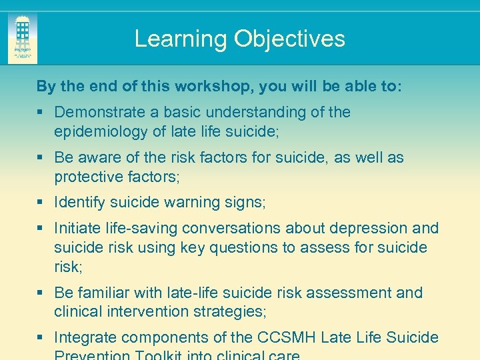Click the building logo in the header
(23, 37)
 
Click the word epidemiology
(101, 131)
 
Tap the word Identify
(79, 202)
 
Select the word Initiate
(77, 228)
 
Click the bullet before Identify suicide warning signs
(41, 202)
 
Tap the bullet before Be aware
(41, 158)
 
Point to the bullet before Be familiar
(41, 293)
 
